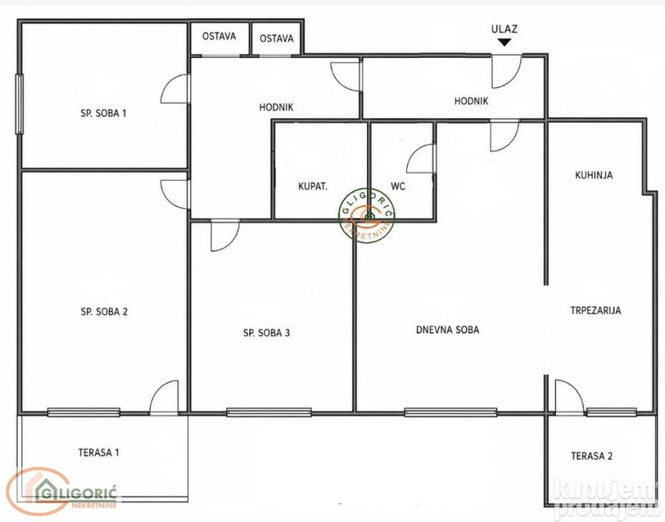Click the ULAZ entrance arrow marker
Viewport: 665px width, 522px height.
click(504, 43)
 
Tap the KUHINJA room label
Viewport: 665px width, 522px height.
click(594, 175)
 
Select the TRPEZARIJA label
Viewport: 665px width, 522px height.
click(595, 310)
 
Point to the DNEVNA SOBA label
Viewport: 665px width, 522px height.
click(448, 330)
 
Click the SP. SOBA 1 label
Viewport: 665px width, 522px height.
click(104, 113)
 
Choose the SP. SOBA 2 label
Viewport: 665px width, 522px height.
click(104, 312)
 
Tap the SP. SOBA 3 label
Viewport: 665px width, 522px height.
click(267, 333)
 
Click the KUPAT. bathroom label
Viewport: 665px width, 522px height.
click(313, 186)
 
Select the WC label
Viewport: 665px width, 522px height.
click(398, 186)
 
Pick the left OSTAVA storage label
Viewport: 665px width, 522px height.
click(219, 36)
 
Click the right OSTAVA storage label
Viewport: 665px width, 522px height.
click(277, 39)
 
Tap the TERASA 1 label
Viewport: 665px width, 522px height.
click(99, 452)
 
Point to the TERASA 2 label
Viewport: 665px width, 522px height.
click(592, 456)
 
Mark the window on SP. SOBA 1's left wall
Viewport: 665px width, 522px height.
click(19, 104)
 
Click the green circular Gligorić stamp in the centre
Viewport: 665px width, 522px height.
click(366, 215)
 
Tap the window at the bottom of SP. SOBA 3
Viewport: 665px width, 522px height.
click(269, 412)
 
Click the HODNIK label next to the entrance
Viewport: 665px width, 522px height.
click(471, 101)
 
